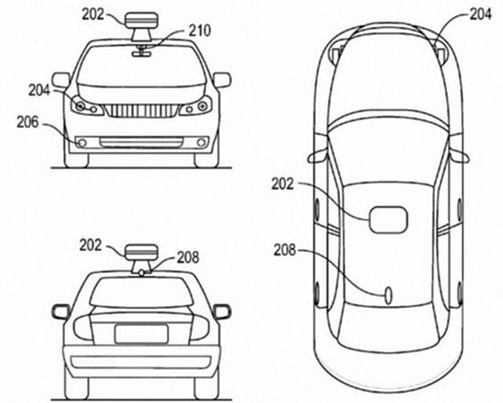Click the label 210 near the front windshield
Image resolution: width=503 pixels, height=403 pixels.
pos(199,31)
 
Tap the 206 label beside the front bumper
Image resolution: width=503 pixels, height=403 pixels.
pos(27,122)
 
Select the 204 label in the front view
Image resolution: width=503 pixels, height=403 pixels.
pos(39,90)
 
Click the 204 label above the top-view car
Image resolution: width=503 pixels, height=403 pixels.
pos(480,15)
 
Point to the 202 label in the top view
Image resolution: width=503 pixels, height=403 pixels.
pos(283,184)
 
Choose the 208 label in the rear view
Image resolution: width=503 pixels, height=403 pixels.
pos(188,257)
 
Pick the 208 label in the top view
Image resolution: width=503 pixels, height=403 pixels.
pos(284,249)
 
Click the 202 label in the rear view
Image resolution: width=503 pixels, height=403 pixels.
pos(91,245)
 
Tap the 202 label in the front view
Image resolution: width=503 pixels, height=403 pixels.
pos(93,15)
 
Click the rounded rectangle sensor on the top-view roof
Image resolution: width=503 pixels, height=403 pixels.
pos(389,219)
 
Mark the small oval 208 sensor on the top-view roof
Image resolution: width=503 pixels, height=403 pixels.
pos(389,295)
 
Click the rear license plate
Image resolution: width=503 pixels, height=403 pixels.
pos(142,334)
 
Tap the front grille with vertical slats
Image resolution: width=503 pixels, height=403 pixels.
pos(142,111)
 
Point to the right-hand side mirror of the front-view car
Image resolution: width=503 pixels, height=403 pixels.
pos(221,80)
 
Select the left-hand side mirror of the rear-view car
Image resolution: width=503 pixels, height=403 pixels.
pos(60,312)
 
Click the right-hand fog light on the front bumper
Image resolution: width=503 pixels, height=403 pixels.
pos(201,143)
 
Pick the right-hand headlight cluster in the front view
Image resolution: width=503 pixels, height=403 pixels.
pos(196,106)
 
